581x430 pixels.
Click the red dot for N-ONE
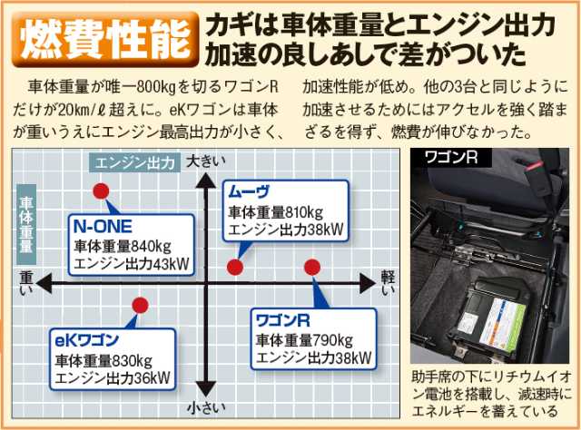(x=102, y=191)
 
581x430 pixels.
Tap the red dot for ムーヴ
(x=234, y=268)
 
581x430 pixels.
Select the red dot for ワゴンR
(x=312, y=268)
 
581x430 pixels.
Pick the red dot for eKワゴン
(x=140, y=305)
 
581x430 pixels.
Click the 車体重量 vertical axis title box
(x=26, y=221)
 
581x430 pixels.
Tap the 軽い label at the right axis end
(x=388, y=283)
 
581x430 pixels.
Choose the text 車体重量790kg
(x=305, y=339)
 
